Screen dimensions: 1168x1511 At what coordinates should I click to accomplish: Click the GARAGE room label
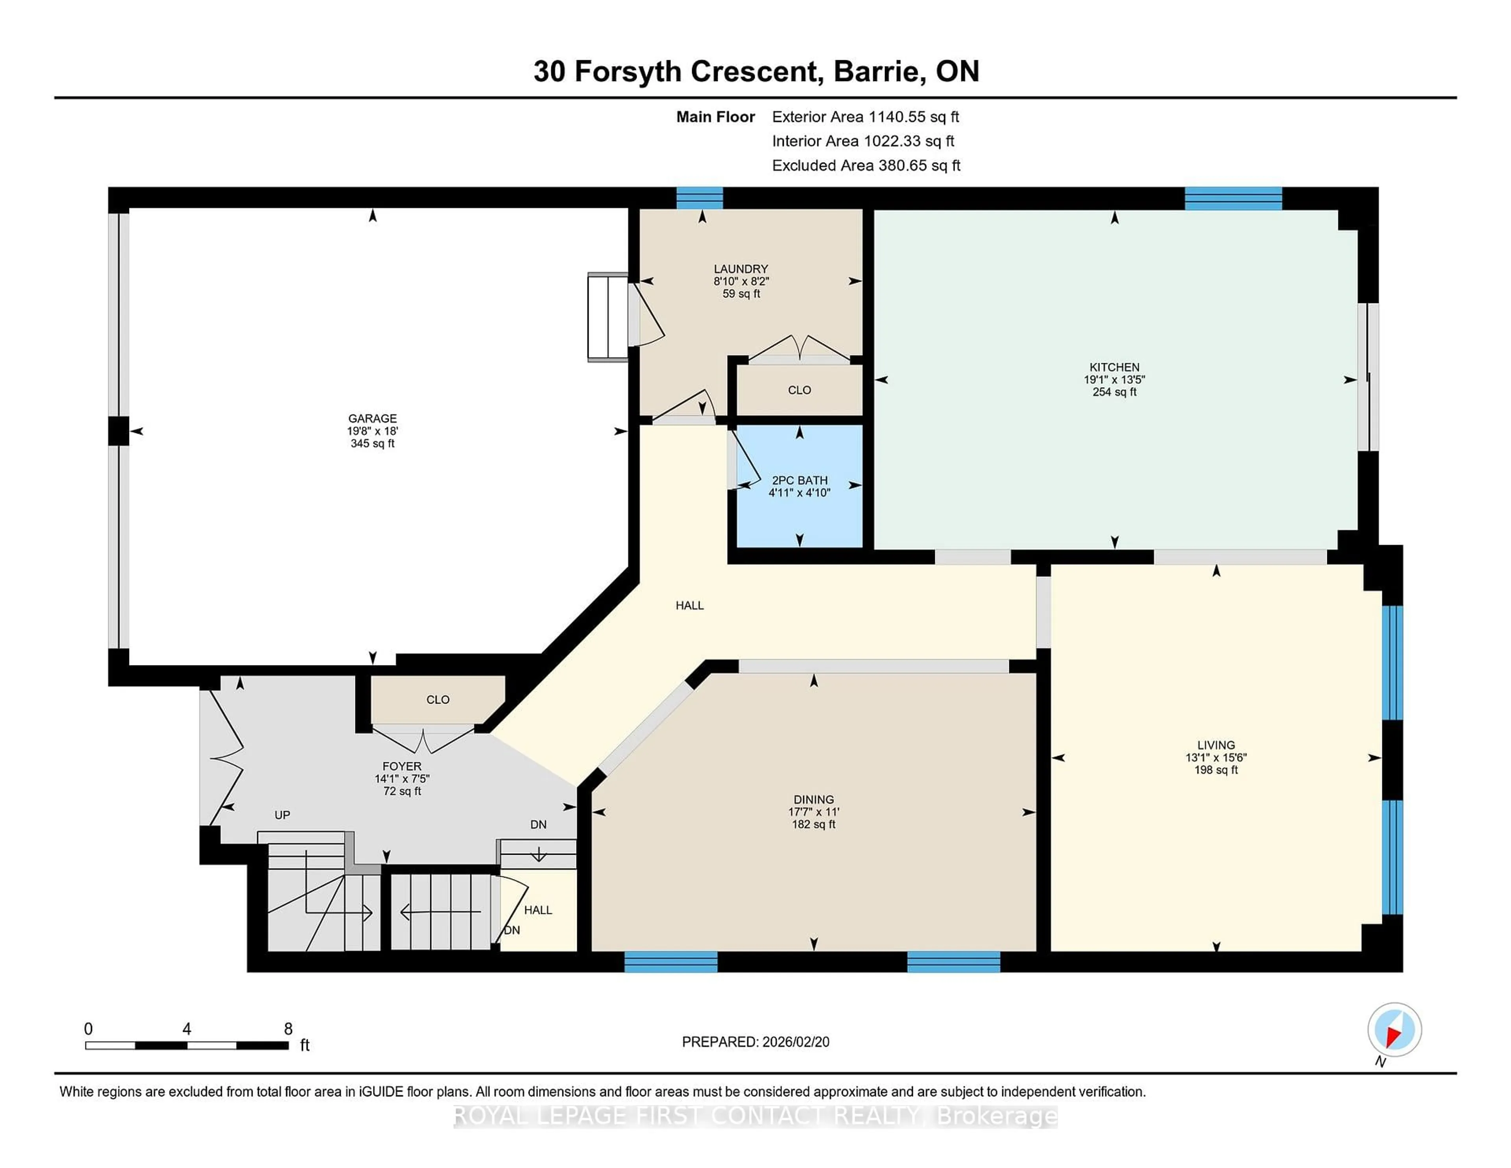(372, 418)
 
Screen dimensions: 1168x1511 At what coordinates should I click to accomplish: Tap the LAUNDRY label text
(741, 268)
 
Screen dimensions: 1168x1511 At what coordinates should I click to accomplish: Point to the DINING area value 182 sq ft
(814, 824)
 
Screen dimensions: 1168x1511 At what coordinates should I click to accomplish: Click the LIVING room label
(1215, 745)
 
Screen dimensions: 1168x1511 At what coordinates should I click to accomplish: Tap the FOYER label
(402, 766)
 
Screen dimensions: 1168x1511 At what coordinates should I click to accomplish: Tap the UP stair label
(282, 815)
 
